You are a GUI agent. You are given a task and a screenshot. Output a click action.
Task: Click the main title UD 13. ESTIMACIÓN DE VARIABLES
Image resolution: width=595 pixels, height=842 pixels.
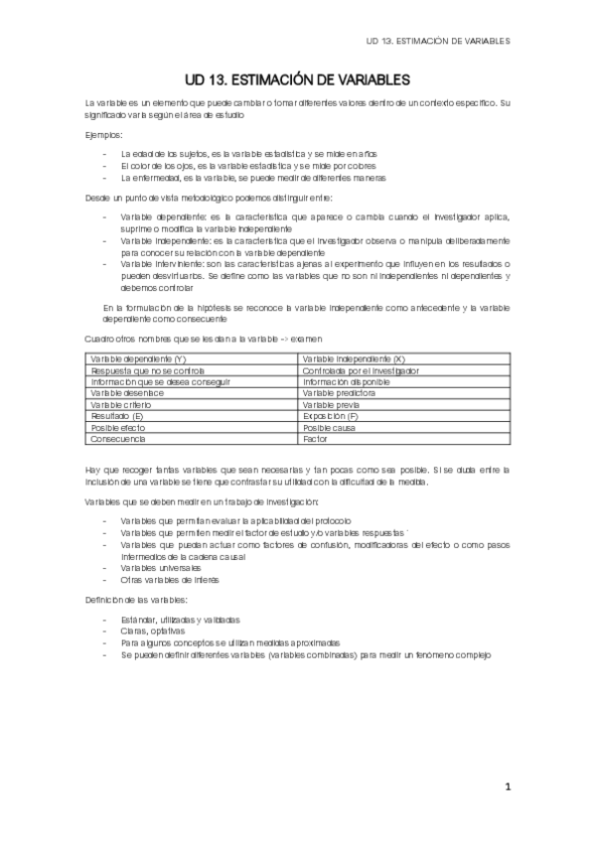[x=297, y=78]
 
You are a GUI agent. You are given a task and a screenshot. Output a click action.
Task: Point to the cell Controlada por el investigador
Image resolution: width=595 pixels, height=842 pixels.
[x=361, y=370]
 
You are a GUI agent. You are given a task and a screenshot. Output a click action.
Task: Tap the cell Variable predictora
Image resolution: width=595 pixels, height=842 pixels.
[x=340, y=393]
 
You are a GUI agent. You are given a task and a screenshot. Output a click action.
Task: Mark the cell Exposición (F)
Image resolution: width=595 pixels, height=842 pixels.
[x=331, y=416]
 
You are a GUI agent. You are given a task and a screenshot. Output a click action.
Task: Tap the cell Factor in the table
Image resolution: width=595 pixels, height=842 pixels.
[x=316, y=438]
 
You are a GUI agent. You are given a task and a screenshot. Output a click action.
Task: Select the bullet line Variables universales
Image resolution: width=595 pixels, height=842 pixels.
[x=160, y=567]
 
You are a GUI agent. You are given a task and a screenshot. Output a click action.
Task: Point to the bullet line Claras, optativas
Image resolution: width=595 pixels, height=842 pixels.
[x=154, y=631]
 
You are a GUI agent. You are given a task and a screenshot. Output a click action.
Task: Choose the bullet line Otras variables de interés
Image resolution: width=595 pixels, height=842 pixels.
[x=169, y=579]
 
